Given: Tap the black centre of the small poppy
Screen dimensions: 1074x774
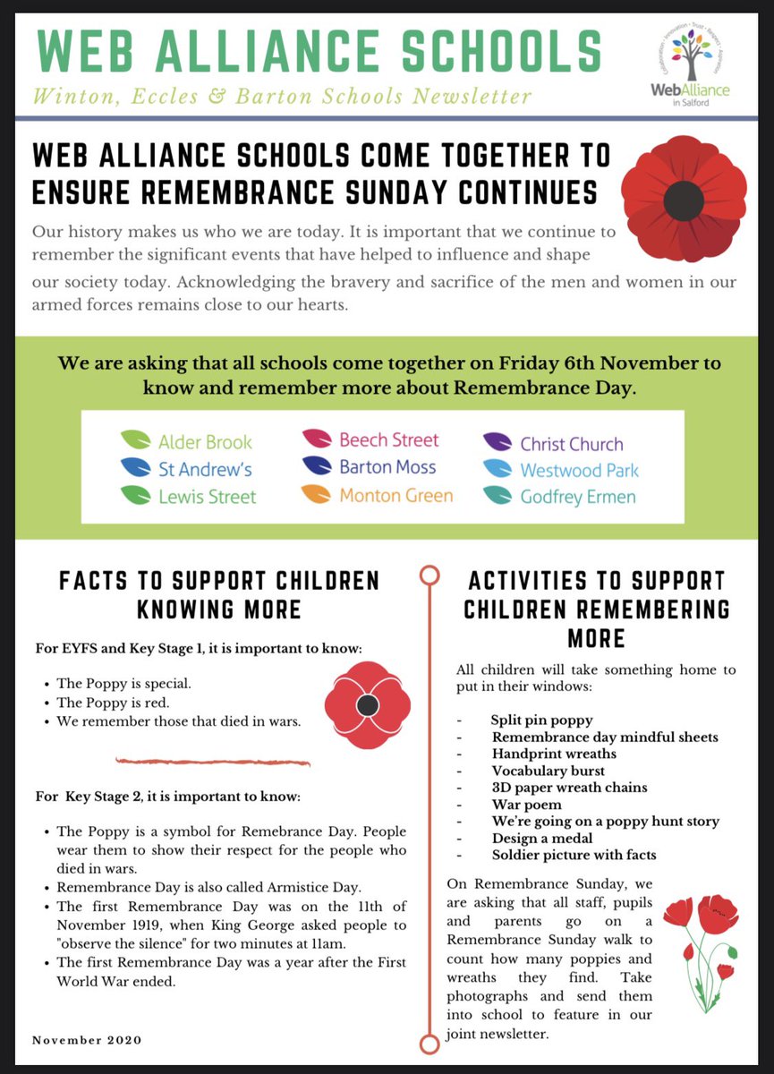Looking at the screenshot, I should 367,706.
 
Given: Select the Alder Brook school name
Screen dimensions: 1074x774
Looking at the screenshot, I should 205,441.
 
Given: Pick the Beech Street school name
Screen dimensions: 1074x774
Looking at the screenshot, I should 388,439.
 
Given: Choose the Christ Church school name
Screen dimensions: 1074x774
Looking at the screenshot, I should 571,444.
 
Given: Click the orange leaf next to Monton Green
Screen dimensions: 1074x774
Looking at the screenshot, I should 318,494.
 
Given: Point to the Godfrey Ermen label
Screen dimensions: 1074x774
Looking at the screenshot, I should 577,497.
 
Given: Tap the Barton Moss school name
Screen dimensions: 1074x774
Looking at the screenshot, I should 387,467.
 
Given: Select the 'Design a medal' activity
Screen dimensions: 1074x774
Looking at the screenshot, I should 541,838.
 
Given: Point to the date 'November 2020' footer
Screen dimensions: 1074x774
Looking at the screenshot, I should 87,1039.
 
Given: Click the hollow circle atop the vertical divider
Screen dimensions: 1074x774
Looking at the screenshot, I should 430,574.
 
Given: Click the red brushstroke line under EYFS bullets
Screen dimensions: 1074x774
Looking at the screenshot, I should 213,762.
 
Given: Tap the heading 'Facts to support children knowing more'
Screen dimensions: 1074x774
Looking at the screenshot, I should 219,594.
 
